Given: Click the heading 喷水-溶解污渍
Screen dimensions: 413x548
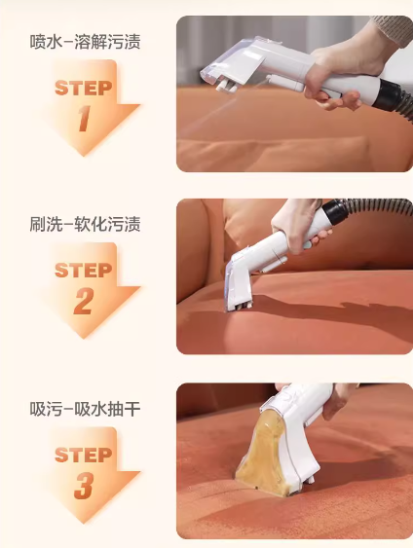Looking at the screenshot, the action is coord(85,42).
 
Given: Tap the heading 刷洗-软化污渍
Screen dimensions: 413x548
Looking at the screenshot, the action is coord(85,225).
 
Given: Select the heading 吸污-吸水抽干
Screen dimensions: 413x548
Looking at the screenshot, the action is coord(85,409).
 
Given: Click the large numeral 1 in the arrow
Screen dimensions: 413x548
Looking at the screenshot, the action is coord(85,119).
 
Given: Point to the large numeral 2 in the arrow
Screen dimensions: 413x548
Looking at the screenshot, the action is coord(84,302).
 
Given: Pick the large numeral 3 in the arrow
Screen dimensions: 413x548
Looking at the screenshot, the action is coord(84,486).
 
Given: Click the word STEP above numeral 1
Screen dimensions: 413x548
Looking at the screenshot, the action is coord(84,88).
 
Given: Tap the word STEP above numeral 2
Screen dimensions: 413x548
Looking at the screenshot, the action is coord(84,271).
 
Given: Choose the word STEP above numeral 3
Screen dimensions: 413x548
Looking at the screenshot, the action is coord(84,455).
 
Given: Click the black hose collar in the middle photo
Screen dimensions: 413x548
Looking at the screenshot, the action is coord(335,210).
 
